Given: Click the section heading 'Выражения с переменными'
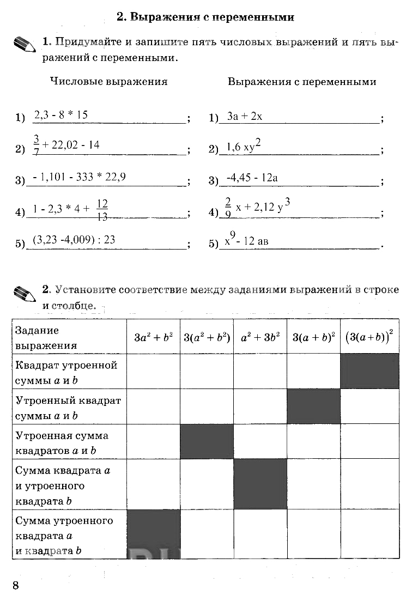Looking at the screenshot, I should pyautogui.click(x=205, y=17).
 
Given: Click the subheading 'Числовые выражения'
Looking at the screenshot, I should pyautogui.click(x=108, y=82).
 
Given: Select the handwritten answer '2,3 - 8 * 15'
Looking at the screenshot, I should pyautogui.click(x=61, y=115).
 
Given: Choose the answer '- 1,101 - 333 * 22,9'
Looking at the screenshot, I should pyautogui.click(x=80, y=177).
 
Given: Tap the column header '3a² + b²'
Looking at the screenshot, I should pyautogui.click(x=153, y=337).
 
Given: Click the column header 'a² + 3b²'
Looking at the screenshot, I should pyautogui.click(x=260, y=337).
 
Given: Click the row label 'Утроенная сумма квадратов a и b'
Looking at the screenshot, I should pyautogui.click(x=63, y=443).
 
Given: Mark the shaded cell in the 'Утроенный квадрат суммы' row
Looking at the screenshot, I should pyautogui.click(x=313, y=406).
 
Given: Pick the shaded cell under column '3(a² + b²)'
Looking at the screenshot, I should pyautogui.click(x=207, y=441).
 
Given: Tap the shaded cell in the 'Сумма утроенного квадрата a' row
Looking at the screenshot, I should pyautogui.click(x=153, y=534).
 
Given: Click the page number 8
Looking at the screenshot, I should pyautogui.click(x=16, y=586).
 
